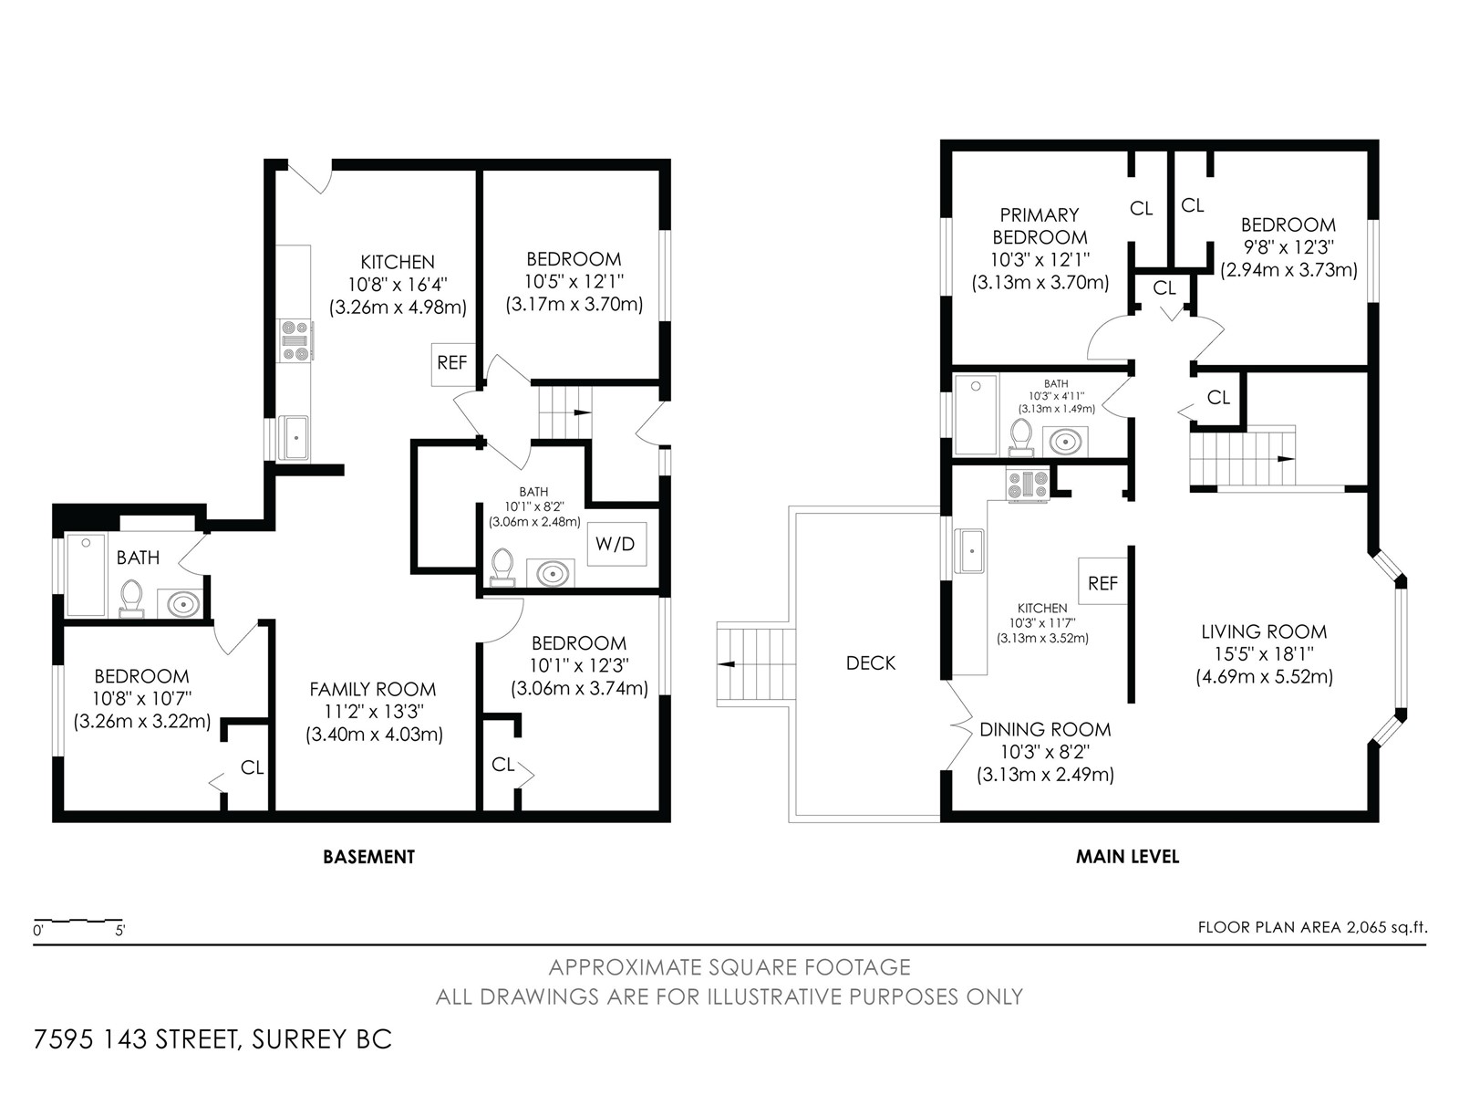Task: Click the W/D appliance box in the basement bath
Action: pyautogui.click(x=616, y=544)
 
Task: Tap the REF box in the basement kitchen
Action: pyautogui.click(x=452, y=364)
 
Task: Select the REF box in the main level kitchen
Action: pyautogui.click(x=1102, y=582)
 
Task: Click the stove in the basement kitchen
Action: pyautogui.click(x=295, y=340)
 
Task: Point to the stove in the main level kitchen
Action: pyautogui.click(x=1028, y=484)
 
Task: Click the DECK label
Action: pyautogui.click(x=871, y=662)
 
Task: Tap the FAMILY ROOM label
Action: pyautogui.click(x=372, y=689)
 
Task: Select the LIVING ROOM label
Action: pyautogui.click(x=1264, y=631)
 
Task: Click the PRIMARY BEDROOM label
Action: pyautogui.click(x=1040, y=226)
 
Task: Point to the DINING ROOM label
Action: pyautogui.click(x=1045, y=729)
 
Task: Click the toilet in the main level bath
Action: pyautogui.click(x=1020, y=437)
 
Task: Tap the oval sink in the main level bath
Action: pyautogui.click(x=1065, y=442)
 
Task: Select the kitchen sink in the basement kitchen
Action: pyautogui.click(x=293, y=437)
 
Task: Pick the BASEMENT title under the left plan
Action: pyautogui.click(x=369, y=857)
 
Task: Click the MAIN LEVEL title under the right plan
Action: pyautogui.click(x=1127, y=856)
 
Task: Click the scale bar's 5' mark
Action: pyautogui.click(x=119, y=931)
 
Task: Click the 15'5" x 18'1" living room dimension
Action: pyautogui.click(x=1264, y=654)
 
